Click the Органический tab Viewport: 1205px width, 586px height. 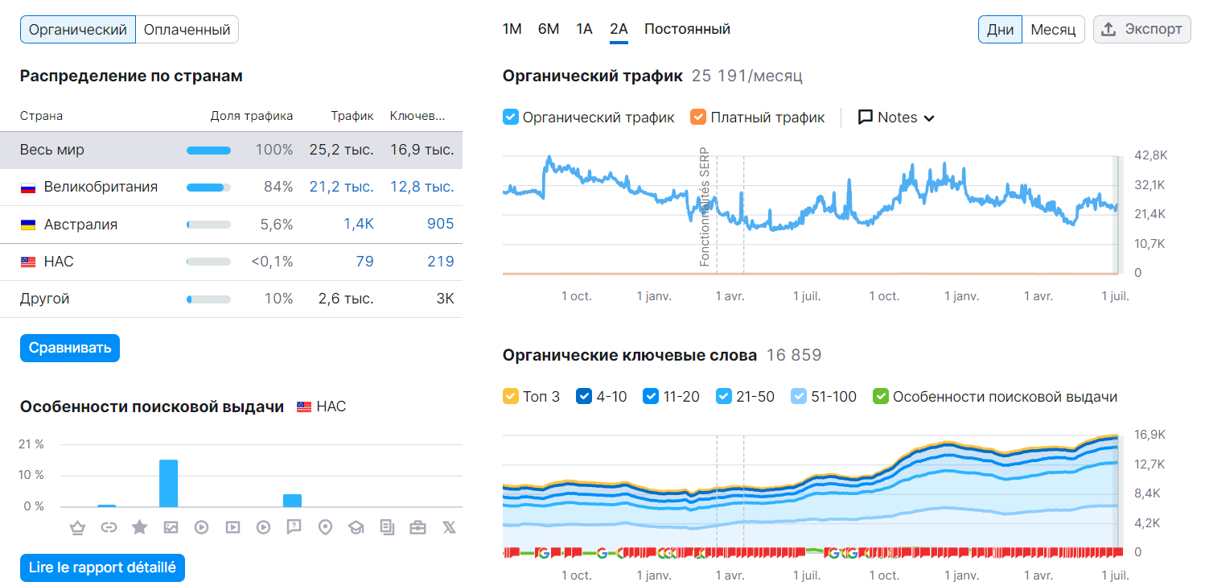click(78, 30)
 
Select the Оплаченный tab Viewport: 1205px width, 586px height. click(187, 30)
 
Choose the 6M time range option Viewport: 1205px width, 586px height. click(549, 29)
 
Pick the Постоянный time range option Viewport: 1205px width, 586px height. click(687, 29)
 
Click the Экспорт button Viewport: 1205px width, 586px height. click(1141, 29)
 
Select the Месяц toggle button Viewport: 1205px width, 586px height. click(1053, 30)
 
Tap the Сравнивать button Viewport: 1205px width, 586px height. click(70, 348)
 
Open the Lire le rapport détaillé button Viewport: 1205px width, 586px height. click(102, 567)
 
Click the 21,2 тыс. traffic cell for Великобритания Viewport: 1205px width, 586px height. click(341, 187)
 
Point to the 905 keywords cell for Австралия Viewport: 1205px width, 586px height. click(440, 224)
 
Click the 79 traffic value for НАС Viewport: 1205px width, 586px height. click(364, 262)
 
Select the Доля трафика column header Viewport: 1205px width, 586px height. click(252, 116)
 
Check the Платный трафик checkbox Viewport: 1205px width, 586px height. click(698, 118)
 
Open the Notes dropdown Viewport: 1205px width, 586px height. click(896, 118)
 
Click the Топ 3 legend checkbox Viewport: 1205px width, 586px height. click(510, 396)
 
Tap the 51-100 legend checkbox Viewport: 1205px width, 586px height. click(799, 396)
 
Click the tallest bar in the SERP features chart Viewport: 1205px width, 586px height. click(168, 483)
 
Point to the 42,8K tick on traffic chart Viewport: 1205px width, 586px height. click(1149, 155)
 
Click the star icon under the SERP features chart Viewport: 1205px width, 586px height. click(139, 527)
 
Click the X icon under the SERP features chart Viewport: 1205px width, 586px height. click(449, 527)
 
